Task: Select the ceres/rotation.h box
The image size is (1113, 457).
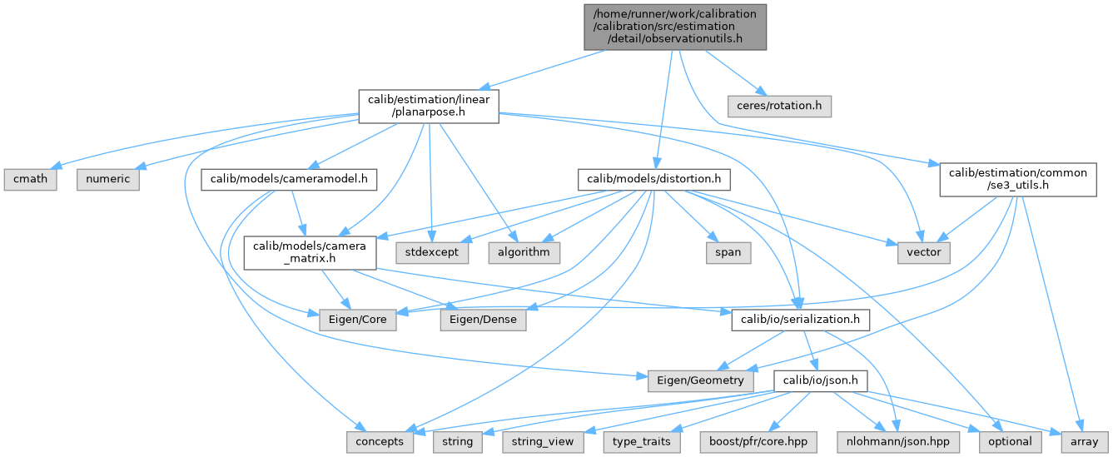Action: [x=778, y=107]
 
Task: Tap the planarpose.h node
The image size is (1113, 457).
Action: [x=429, y=107]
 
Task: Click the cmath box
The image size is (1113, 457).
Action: [x=31, y=179]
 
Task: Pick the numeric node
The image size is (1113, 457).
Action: [x=109, y=179]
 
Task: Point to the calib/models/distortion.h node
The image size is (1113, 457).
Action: [x=654, y=179]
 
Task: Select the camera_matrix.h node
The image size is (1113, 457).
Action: [x=308, y=251]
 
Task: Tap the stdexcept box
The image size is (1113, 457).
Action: [x=432, y=251]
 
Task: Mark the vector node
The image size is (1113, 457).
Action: [x=924, y=251]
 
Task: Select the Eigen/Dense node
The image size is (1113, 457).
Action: [x=484, y=319]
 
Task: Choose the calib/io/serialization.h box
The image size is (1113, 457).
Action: [x=801, y=319]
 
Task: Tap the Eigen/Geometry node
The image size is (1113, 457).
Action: [x=701, y=380]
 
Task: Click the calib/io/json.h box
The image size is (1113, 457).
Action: [x=821, y=380]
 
